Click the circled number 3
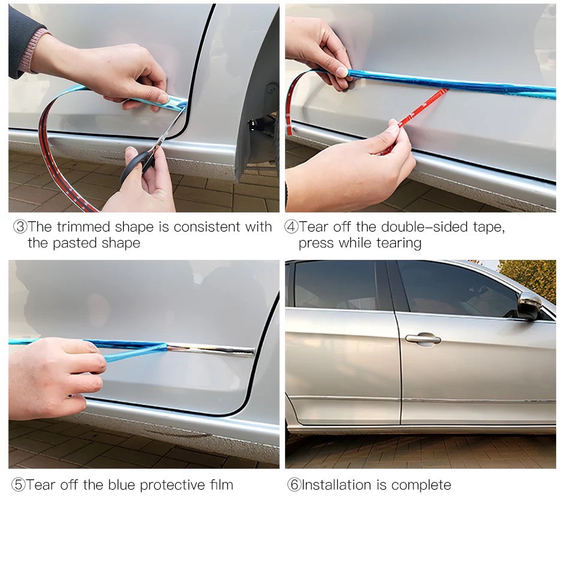(x=20, y=227)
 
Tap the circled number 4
(x=292, y=227)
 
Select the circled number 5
(x=19, y=484)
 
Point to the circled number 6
(x=294, y=484)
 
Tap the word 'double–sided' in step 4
(x=424, y=227)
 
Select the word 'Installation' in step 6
(x=337, y=485)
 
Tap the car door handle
(x=423, y=339)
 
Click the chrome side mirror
(x=529, y=305)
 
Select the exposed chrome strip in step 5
(x=211, y=349)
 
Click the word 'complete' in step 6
(x=421, y=486)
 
